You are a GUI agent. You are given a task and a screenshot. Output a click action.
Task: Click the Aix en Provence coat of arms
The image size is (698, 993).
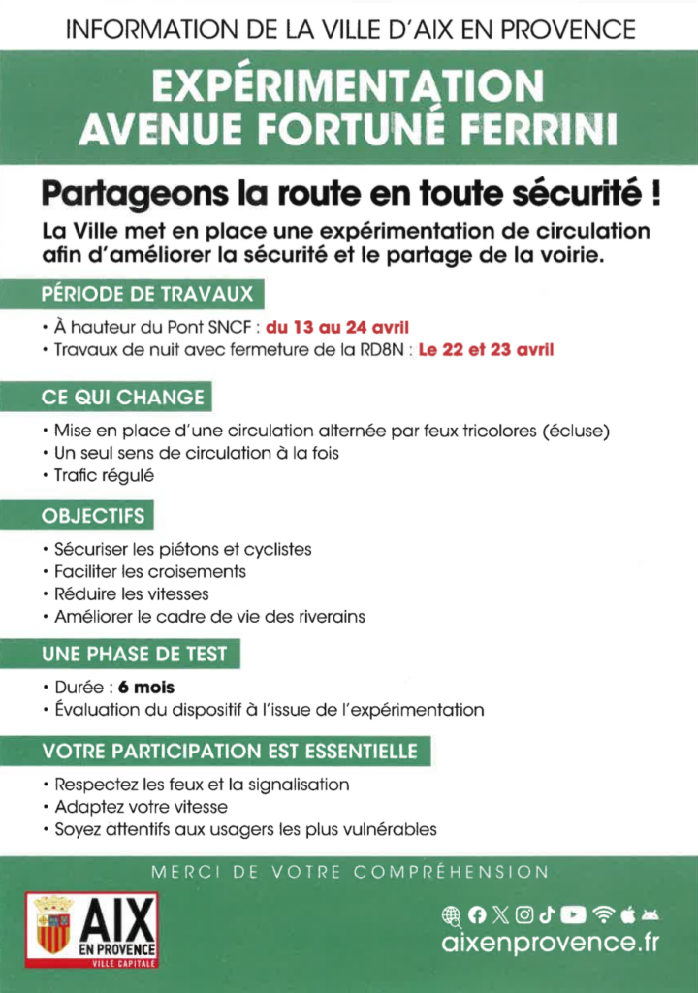click(53, 924)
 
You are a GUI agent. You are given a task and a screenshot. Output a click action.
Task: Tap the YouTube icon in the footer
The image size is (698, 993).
click(574, 913)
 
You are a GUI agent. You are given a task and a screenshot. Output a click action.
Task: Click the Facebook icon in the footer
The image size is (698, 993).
click(476, 913)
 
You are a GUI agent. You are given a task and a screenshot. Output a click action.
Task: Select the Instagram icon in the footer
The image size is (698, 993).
click(524, 913)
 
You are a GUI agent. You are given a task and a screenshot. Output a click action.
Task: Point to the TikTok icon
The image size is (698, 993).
click(548, 913)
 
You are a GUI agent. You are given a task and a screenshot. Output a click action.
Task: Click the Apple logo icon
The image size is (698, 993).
click(626, 913)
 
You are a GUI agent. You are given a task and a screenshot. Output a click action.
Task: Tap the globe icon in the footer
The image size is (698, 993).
click(451, 913)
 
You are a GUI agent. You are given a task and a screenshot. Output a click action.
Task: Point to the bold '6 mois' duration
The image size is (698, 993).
click(146, 688)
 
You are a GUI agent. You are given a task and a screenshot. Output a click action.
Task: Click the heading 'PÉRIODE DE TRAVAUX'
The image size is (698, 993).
click(147, 293)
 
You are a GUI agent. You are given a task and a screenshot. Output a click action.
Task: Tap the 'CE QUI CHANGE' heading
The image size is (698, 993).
click(123, 397)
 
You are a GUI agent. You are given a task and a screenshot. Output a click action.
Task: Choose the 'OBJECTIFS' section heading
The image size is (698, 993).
click(93, 516)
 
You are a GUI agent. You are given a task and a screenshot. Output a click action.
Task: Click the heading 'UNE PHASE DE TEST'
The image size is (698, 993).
click(135, 654)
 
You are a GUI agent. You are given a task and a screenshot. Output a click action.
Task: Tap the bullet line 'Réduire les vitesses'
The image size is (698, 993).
click(132, 593)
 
